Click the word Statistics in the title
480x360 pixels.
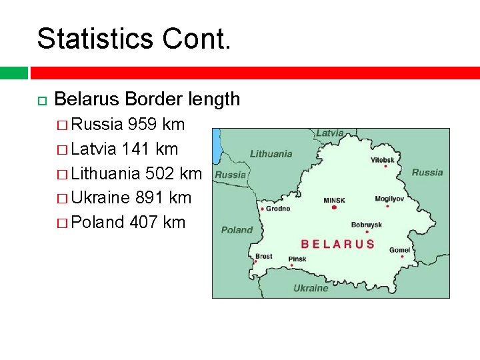coord(90,39)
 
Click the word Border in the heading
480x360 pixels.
coord(154,99)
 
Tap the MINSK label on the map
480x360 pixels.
coord(334,200)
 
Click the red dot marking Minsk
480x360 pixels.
coord(334,208)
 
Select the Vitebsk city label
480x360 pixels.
coord(383,160)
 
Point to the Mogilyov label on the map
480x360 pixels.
coord(389,199)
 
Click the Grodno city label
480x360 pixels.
coord(278,209)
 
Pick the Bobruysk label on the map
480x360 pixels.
coord(366,225)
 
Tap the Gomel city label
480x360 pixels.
coord(399,250)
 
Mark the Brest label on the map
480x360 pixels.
coord(263,256)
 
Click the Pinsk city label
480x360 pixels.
coord(297,259)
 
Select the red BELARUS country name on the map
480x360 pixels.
coord(337,244)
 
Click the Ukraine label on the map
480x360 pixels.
coord(311,288)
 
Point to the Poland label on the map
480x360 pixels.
coord(237,230)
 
